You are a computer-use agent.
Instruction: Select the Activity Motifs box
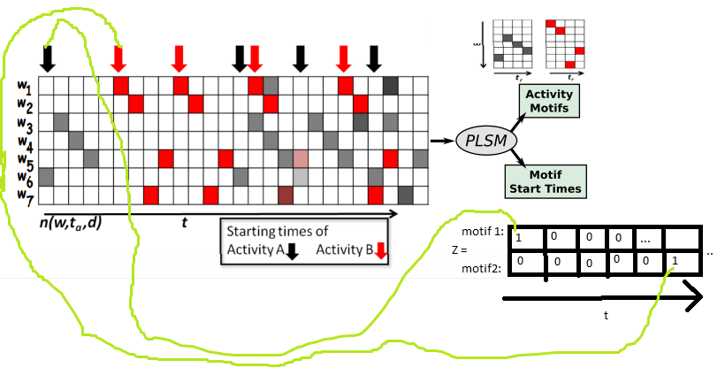(548, 102)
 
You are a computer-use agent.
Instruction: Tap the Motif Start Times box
(547, 178)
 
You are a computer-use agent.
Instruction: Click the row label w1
(23, 87)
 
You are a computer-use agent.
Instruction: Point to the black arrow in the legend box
(293, 251)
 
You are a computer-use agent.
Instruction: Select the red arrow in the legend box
(381, 252)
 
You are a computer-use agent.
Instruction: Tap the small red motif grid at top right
(566, 42)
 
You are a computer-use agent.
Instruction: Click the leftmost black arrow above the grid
(48, 58)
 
